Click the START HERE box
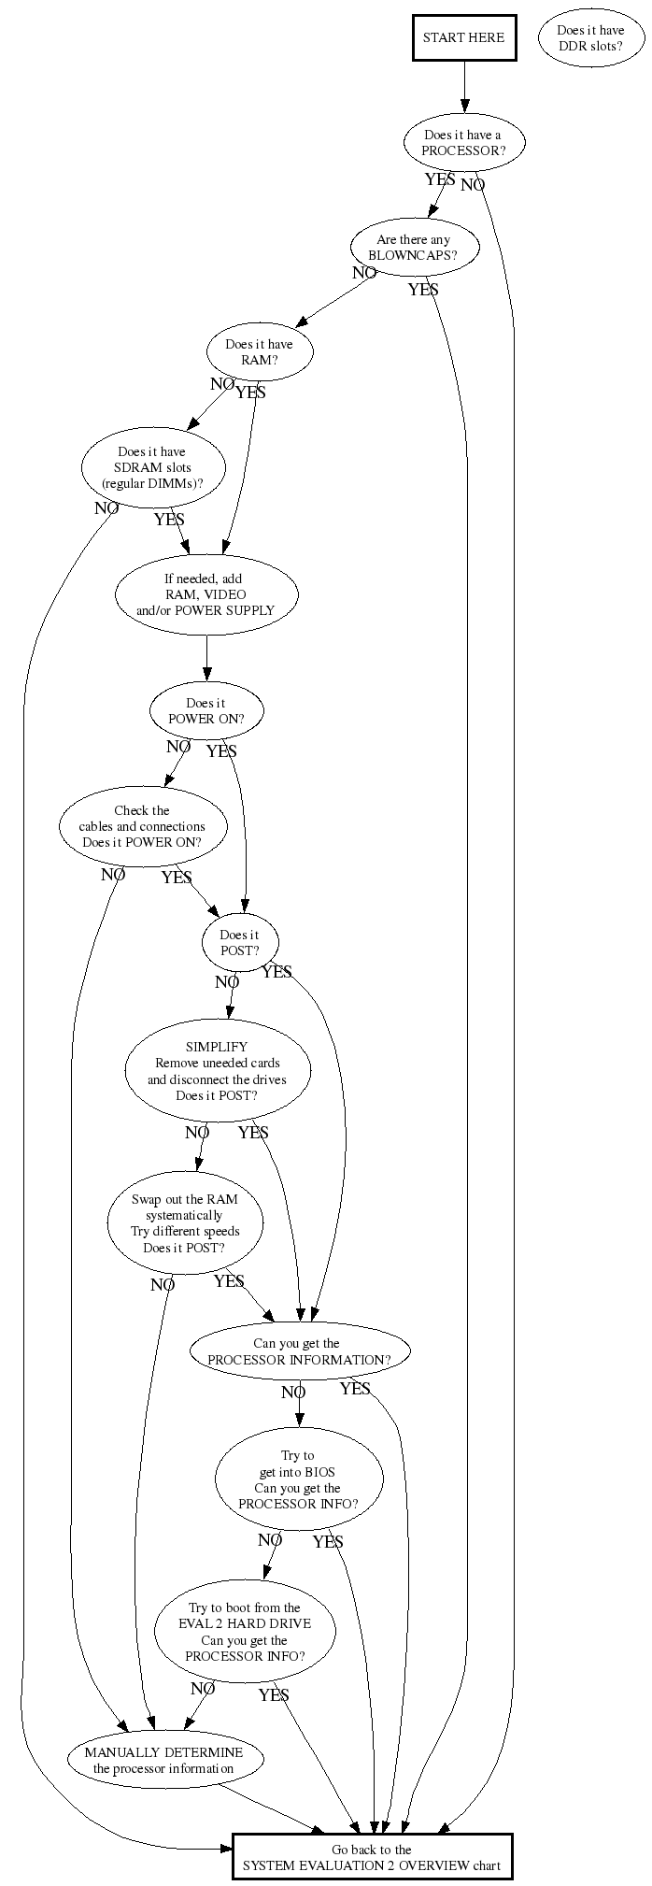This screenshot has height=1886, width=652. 463,37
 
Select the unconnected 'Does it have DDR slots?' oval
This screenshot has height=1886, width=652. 590,38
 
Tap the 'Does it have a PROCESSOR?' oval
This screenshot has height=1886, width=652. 463,142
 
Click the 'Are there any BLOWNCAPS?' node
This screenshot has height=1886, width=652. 414,248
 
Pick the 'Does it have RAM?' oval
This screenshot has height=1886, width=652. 259,352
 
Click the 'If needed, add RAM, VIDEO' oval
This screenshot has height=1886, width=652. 206,594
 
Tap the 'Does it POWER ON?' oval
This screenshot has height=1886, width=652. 206,711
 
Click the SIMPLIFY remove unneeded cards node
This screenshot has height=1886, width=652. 218,1071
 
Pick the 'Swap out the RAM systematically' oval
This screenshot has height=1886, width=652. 185,1223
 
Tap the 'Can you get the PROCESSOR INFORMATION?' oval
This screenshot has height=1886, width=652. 300,1351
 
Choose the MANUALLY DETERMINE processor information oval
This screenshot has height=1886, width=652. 164,1761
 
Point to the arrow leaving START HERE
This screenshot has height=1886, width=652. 463,88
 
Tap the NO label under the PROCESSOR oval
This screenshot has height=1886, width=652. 473,185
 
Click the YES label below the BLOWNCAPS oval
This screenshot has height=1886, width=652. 423,290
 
